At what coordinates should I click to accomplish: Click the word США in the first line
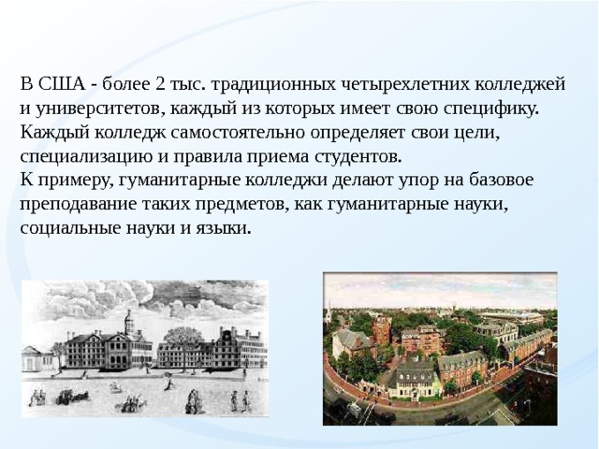(x=62, y=84)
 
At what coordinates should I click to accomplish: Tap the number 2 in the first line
(x=160, y=84)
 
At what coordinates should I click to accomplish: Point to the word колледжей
(x=520, y=85)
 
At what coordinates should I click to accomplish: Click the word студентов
(x=358, y=157)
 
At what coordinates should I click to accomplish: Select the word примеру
(x=76, y=181)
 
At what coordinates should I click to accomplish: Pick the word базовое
(x=501, y=181)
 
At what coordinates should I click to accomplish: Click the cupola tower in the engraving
(x=129, y=322)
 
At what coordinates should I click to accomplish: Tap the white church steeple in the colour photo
(x=329, y=315)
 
